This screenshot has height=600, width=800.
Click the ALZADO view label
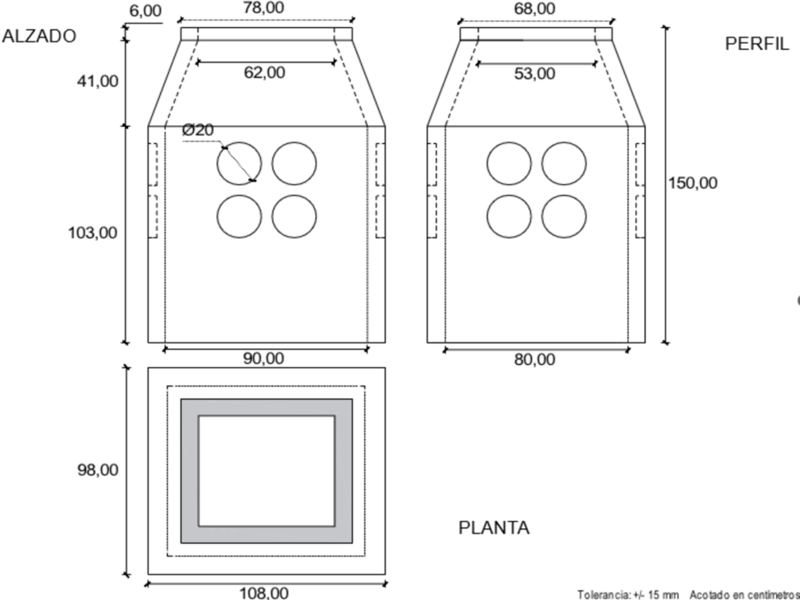coord(39,36)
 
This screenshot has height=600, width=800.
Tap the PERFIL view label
coord(757,44)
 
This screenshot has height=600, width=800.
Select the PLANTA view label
coord(494,528)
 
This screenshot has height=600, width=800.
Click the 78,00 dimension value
coord(265,9)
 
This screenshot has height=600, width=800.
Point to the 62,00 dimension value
coord(265,73)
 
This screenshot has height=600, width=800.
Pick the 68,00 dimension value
coord(535,9)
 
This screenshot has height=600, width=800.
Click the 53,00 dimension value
coord(535,73)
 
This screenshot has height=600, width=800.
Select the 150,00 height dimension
coord(692,183)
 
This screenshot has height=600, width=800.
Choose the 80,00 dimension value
coord(535,359)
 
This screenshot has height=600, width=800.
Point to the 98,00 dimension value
coord(98,470)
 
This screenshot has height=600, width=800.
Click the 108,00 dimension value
coord(263,593)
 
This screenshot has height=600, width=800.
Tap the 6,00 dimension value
coord(145,11)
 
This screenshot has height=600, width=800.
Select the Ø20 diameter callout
coord(198,130)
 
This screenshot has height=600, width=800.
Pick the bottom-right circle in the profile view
coord(563,216)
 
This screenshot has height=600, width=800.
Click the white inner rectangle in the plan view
coord(266,471)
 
